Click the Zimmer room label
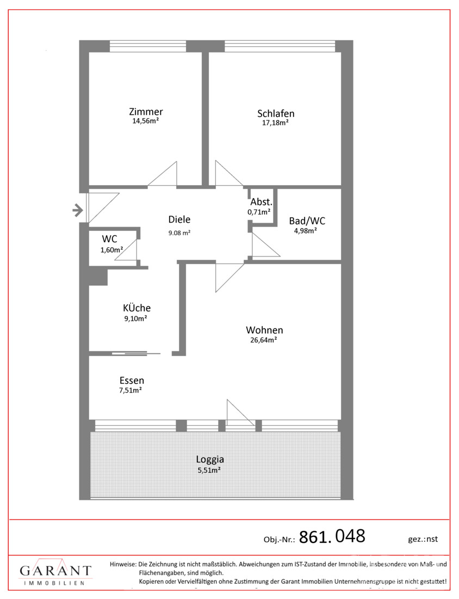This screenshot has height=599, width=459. (x=146, y=112)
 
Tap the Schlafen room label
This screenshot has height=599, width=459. (x=276, y=113)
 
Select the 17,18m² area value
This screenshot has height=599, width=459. (x=275, y=123)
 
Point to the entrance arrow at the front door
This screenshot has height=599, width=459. (x=78, y=210)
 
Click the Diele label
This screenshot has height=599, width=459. (x=179, y=219)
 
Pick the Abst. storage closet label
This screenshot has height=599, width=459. (x=262, y=202)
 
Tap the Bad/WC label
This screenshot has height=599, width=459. (x=307, y=221)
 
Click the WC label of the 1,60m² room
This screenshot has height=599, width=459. (x=109, y=239)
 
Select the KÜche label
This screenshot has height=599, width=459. (x=137, y=308)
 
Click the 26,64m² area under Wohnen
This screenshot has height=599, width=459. (x=264, y=340)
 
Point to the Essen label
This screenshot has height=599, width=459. (x=132, y=381)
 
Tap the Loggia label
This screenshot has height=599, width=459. (x=210, y=460)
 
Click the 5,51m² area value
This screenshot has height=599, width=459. (x=209, y=470)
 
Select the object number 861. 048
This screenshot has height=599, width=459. (x=332, y=536)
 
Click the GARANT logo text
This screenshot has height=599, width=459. (x=55, y=571)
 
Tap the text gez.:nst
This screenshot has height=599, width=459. (x=423, y=539)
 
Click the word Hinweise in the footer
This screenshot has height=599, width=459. (x=123, y=564)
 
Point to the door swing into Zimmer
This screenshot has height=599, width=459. (x=163, y=174)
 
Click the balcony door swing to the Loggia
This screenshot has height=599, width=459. (x=241, y=413)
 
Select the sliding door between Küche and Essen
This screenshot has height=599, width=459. (x=136, y=353)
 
